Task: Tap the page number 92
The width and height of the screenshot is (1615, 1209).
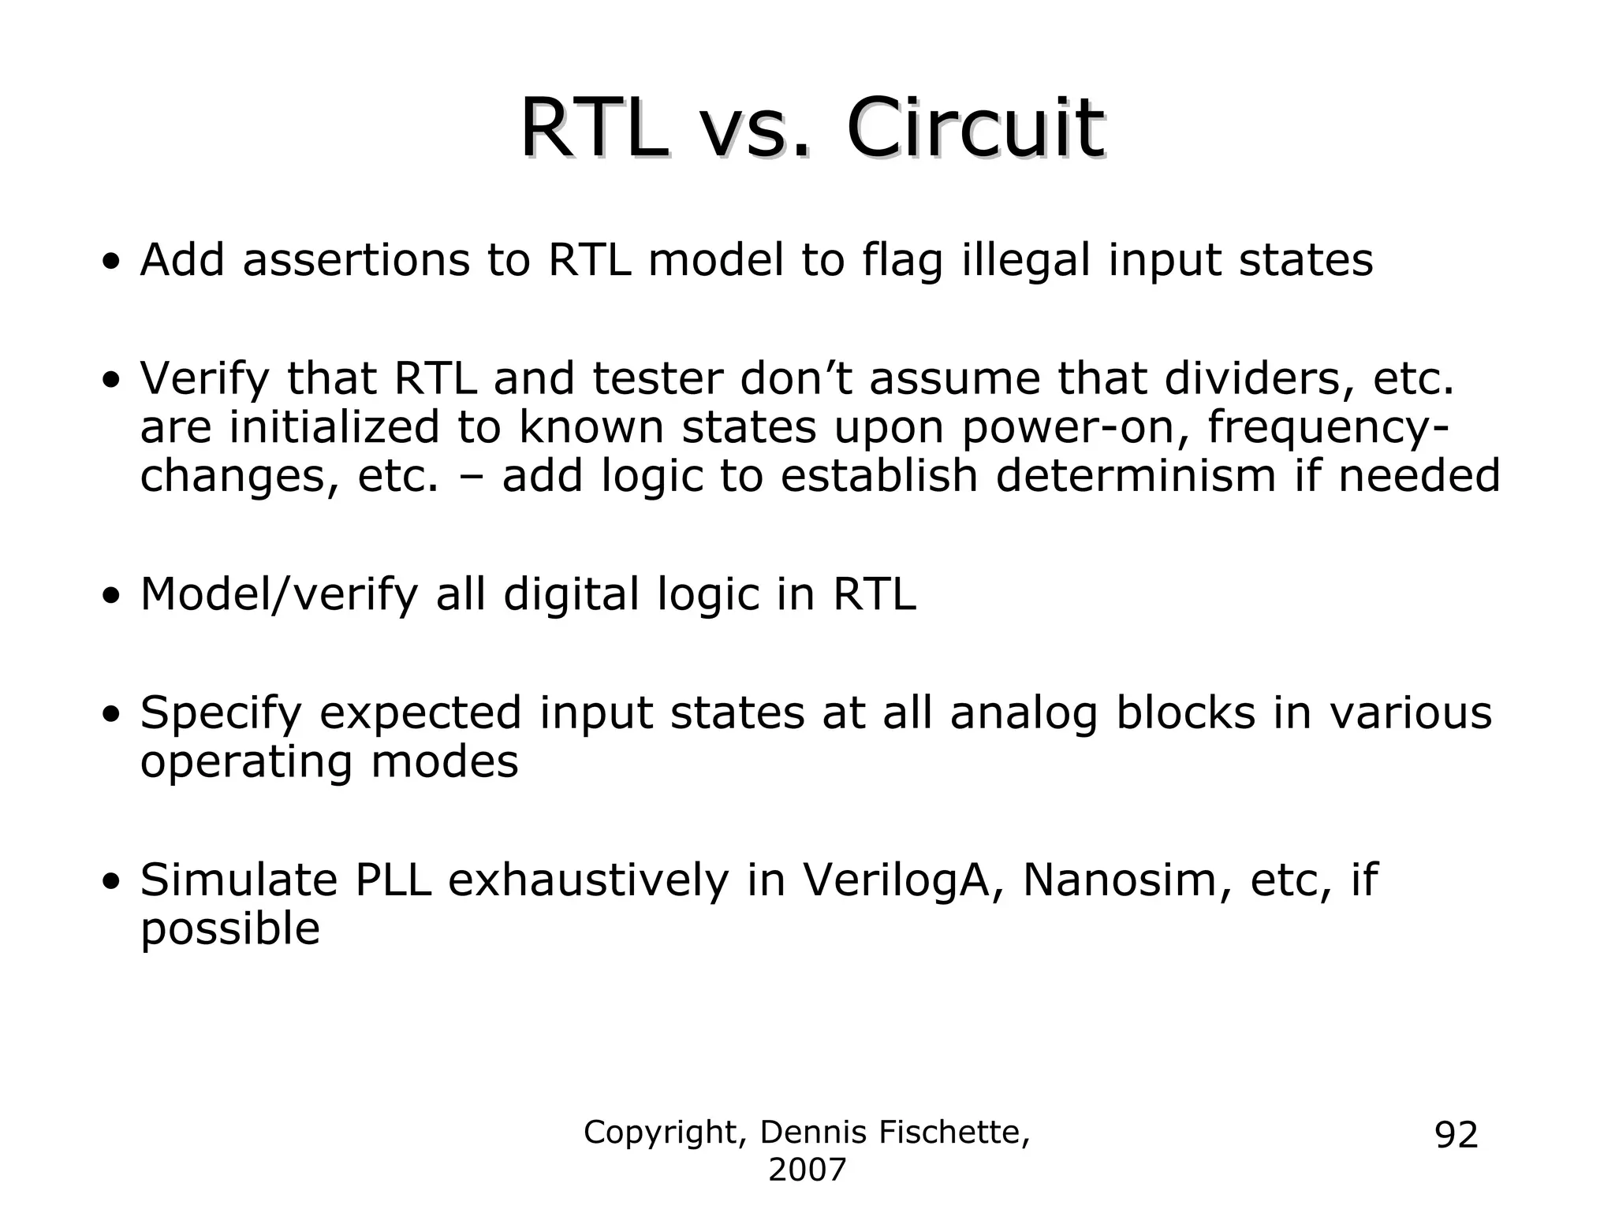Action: tap(1456, 1135)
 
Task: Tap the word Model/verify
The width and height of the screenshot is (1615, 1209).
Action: tap(279, 595)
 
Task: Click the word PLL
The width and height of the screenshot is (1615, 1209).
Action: tap(393, 880)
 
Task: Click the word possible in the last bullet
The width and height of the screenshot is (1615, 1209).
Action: tap(230, 930)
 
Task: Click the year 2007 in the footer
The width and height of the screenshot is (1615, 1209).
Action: tap(807, 1170)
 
